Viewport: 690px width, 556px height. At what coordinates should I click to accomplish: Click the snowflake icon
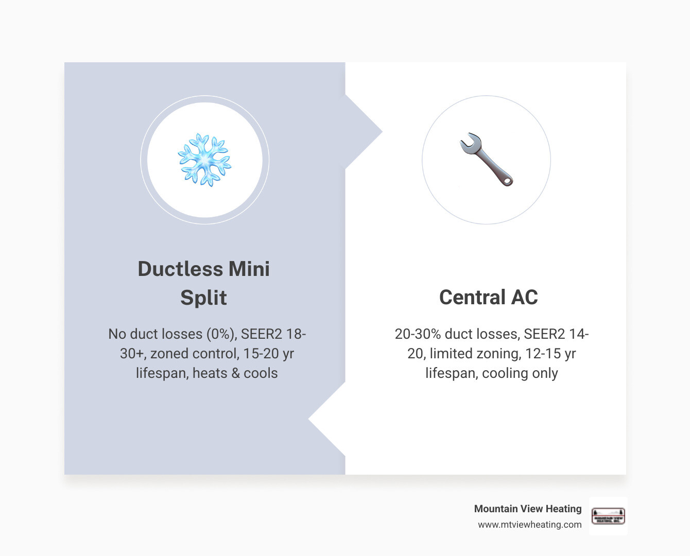(204, 160)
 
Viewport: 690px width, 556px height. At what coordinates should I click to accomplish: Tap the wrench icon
(486, 160)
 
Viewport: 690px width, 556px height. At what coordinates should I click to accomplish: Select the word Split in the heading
(203, 298)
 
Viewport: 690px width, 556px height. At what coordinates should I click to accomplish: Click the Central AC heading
(488, 297)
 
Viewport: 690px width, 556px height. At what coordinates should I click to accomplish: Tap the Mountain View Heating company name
(527, 509)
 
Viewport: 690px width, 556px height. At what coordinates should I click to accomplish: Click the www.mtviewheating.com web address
(529, 525)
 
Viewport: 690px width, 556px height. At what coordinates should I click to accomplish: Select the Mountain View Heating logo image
(608, 516)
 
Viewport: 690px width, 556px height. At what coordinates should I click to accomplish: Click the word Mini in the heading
(249, 269)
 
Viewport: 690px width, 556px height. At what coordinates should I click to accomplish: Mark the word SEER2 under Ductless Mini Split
(261, 334)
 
